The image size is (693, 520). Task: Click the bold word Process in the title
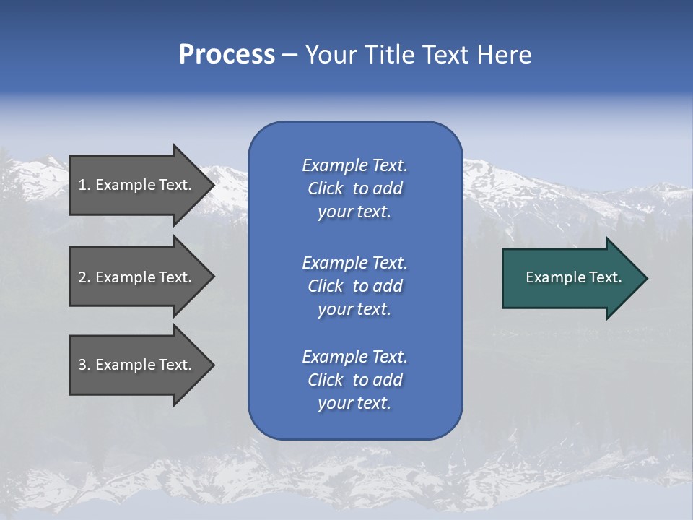(227, 55)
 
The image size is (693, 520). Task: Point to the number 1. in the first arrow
(84, 185)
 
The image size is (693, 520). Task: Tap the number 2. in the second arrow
(84, 277)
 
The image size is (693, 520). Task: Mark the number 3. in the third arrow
(84, 365)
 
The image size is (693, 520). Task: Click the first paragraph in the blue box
(354, 188)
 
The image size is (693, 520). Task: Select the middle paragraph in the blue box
(354, 286)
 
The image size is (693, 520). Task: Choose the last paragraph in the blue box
(354, 380)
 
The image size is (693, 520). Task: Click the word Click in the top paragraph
(326, 188)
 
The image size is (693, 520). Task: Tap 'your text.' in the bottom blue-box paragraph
(354, 403)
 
